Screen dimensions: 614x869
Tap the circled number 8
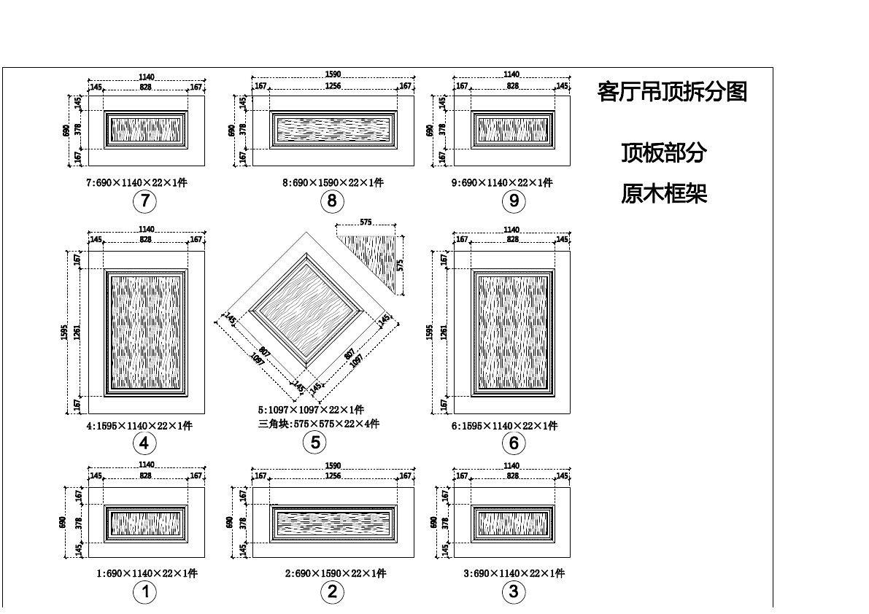332,201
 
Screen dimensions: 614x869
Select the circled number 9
514,201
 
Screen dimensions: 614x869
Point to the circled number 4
144,443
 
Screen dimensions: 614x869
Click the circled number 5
315,442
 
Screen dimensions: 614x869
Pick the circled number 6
514,443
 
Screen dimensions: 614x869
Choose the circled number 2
332,592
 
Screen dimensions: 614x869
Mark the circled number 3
514,592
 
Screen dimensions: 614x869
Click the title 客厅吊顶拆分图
672,92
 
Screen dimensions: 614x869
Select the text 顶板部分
664,153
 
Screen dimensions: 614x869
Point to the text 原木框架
664,194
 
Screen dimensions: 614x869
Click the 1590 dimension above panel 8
333,74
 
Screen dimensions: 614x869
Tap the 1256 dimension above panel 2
333,476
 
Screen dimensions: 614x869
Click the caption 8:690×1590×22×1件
333,183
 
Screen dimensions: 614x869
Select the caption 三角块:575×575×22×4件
318,424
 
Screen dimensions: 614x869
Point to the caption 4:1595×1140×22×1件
139,426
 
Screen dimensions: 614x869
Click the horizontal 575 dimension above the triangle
366,222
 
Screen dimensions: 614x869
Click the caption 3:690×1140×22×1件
514,574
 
